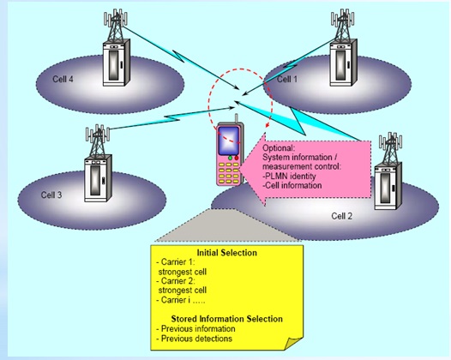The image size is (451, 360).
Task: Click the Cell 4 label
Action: coord(51,80)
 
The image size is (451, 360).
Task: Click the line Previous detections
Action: coord(197,339)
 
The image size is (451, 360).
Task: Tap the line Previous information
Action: coord(198,328)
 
